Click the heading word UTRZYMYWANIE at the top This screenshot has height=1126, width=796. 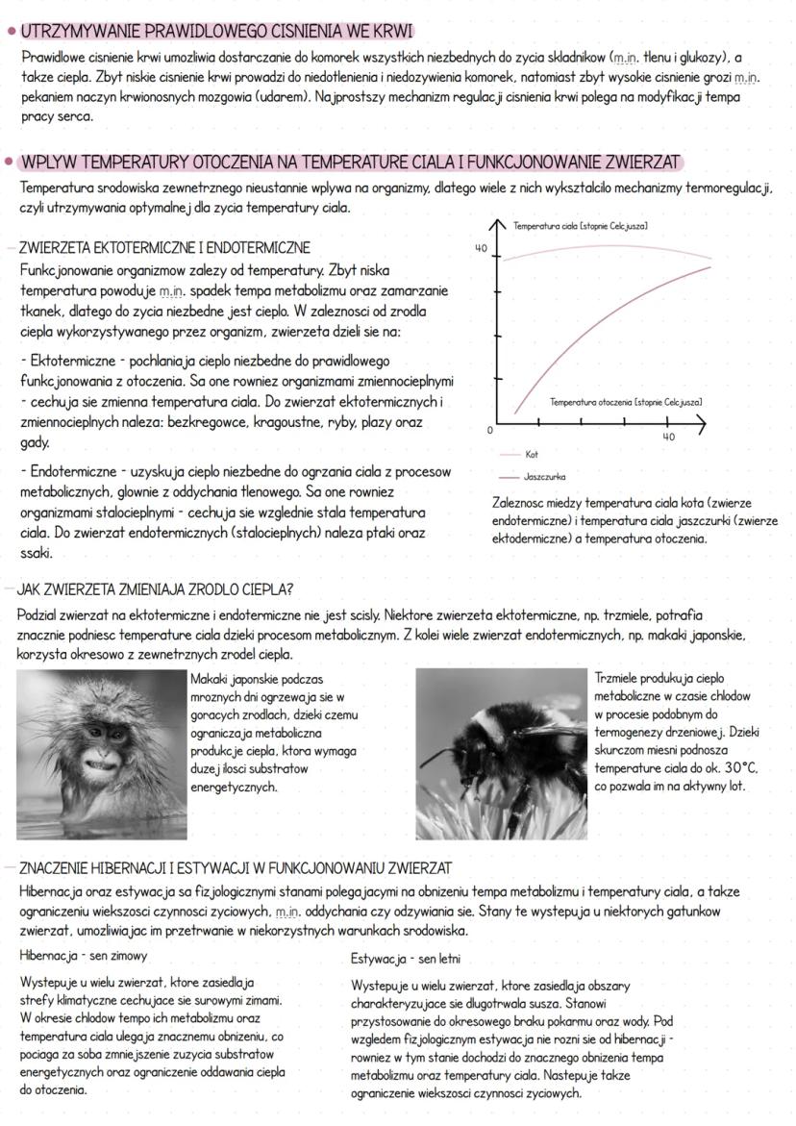click(70, 32)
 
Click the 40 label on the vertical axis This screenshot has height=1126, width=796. click(482, 248)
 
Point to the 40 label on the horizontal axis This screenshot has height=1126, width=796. click(669, 437)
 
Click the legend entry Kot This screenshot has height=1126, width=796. click(532, 452)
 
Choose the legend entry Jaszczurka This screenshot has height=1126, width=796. click(544, 476)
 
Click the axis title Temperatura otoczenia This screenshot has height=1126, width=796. click(625, 401)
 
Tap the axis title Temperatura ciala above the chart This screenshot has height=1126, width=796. click(579, 225)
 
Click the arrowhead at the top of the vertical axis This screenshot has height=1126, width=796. click(496, 224)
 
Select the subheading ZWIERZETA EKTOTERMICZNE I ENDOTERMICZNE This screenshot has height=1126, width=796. click(164, 247)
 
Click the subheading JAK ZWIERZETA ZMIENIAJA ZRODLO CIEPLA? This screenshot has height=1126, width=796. click(155, 588)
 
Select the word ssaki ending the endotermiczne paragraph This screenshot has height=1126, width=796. click(37, 554)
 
